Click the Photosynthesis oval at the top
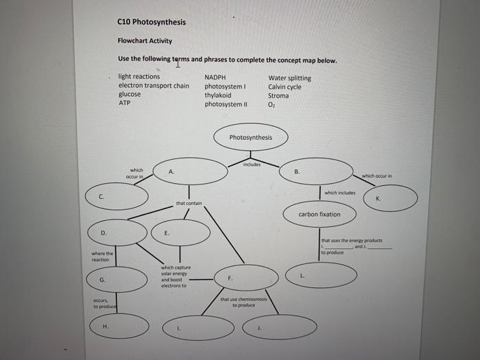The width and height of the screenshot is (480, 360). tap(250, 138)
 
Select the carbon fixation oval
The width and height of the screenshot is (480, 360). tap(319, 215)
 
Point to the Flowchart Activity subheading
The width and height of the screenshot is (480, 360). tap(145, 40)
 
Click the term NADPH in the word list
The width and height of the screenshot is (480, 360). tap(215, 77)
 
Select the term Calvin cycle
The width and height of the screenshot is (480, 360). tap(285, 87)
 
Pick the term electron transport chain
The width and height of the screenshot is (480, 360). tap(154, 86)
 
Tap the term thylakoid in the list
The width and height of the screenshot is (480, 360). tap(217, 95)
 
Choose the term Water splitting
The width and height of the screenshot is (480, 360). tap(289, 77)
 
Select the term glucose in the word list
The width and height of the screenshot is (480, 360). tap(130, 95)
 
